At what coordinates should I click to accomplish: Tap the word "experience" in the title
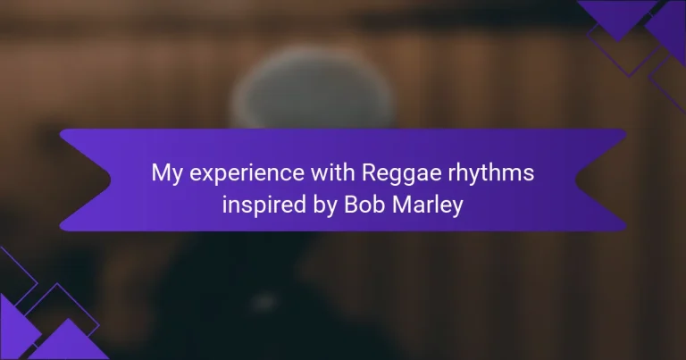[x=247, y=173]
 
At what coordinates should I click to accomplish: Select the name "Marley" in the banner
[x=428, y=205]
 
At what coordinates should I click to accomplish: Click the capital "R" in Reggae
[x=370, y=172]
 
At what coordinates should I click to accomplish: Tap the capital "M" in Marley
[x=402, y=205]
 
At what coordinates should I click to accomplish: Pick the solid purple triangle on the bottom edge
[x=69, y=341]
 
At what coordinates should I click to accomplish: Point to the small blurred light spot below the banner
[x=264, y=301]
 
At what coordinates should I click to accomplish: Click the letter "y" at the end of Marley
[x=457, y=208]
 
